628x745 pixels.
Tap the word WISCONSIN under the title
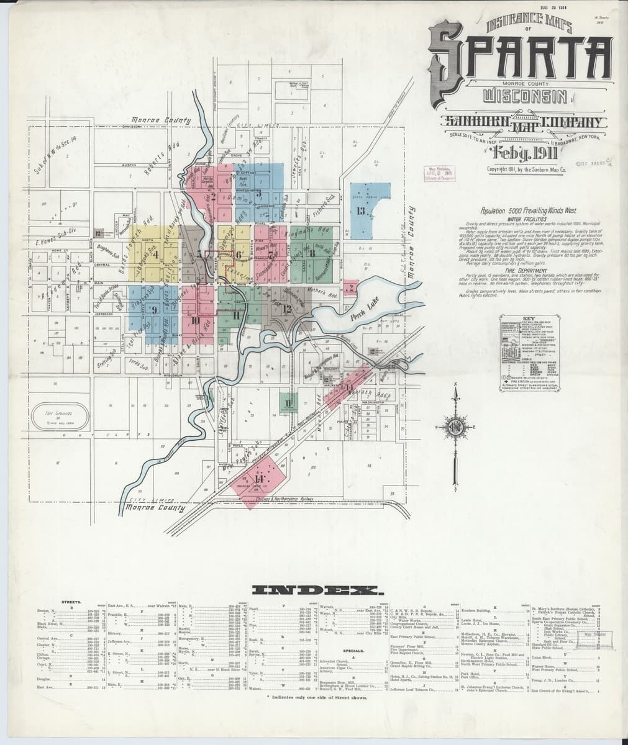[x=526, y=97]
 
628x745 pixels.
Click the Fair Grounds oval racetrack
[x=57, y=415]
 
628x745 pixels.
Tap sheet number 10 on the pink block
[x=195, y=320]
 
